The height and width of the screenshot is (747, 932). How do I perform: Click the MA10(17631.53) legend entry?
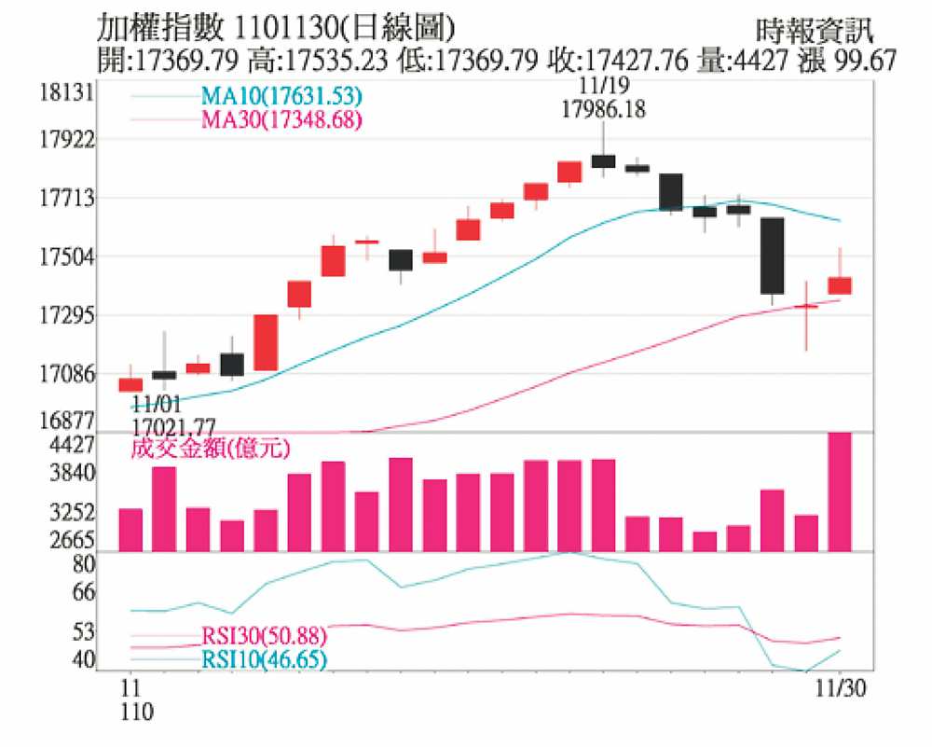click(x=281, y=96)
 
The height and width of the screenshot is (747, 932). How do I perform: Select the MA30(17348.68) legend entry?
click(x=281, y=119)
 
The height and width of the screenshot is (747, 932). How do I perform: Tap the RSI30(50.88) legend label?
click(x=264, y=638)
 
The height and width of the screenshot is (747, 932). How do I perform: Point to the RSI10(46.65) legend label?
click(x=264, y=661)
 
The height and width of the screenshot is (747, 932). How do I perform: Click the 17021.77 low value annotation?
click(x=173, y=425)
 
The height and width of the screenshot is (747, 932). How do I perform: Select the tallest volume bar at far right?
click(x=840, y=491)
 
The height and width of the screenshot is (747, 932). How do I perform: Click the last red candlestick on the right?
click(x=840, y=285)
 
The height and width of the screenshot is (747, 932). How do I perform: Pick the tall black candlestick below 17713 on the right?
click(x=773, y=256)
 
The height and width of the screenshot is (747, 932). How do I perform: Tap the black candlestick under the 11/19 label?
click(x=603, y=161)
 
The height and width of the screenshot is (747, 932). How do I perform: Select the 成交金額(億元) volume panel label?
click(x=210, y=449)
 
